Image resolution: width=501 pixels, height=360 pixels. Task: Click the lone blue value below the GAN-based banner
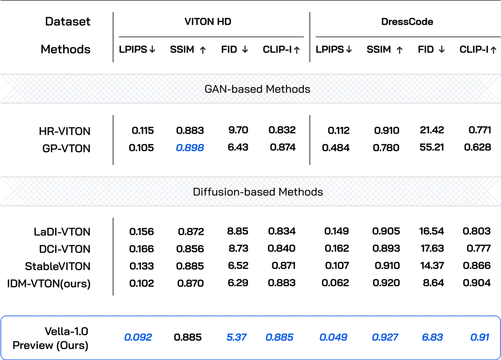190,148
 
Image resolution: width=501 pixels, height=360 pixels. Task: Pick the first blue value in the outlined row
138,337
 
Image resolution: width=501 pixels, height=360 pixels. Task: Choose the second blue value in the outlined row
236,337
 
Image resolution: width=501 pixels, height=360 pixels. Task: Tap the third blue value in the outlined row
279,337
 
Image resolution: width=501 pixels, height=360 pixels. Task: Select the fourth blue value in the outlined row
334,337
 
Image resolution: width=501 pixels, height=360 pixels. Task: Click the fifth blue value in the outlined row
385,337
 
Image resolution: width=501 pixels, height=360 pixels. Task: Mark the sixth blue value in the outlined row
433,337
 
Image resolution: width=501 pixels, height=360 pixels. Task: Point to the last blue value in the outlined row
480,337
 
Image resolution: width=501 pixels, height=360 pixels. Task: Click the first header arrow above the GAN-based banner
152,50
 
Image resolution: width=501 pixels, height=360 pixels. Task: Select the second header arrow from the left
203,50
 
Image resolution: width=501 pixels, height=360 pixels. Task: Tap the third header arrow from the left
245,50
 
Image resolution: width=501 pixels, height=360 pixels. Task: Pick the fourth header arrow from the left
297,50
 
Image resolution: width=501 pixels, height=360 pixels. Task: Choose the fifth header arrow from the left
350,50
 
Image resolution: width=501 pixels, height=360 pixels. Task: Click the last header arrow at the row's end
493,50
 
